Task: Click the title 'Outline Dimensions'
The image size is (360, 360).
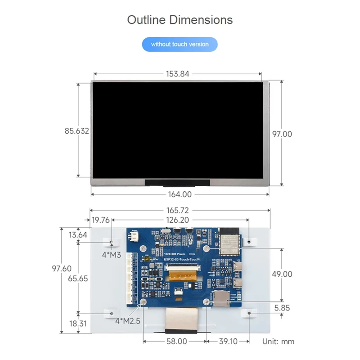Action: [180, 20]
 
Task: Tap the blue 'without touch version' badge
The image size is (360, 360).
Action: [180, 44]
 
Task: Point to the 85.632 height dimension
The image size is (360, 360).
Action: [76, 131]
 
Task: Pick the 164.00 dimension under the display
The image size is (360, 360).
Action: [180, 194]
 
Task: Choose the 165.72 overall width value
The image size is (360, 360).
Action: [177, 210]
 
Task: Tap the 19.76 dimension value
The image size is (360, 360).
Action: [100, 220]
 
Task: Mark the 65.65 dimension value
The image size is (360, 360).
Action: [78, 279]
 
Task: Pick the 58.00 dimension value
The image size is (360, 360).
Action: [176, 342]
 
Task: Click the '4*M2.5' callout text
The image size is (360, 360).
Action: [128, 321]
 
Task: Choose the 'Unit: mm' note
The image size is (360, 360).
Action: [278, 342]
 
